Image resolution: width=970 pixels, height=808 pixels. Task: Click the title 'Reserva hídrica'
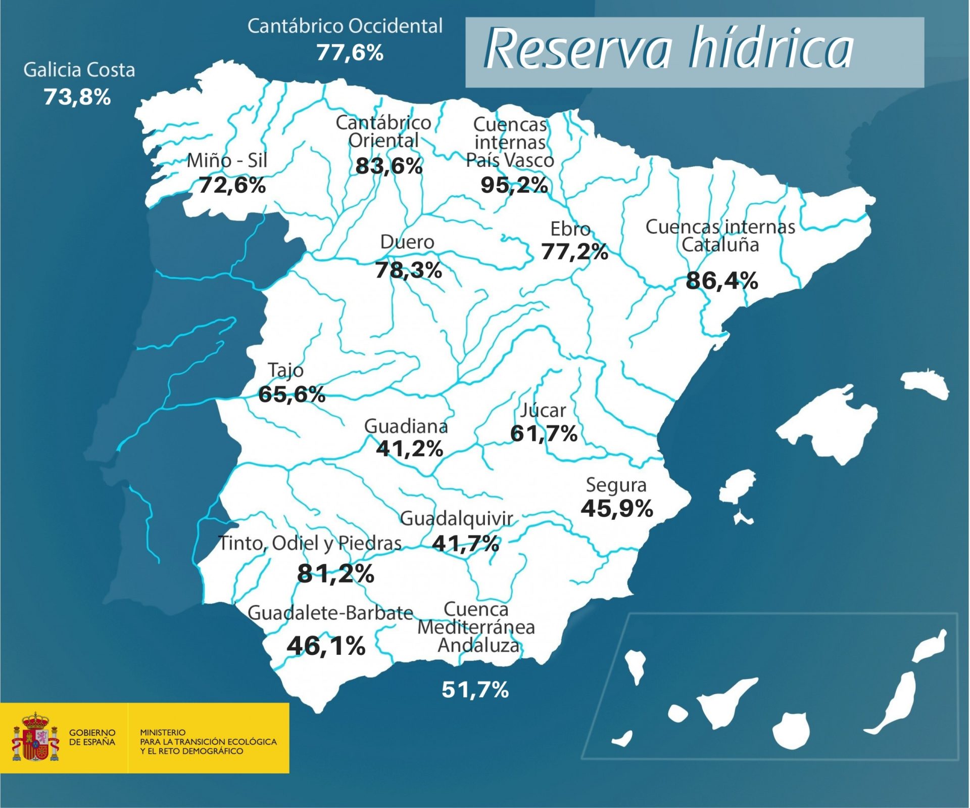click(x=668, y=49)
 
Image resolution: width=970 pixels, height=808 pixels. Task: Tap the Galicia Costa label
click(x=79, y=70)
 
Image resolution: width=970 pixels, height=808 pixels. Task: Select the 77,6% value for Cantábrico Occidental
click(x=350, y=53)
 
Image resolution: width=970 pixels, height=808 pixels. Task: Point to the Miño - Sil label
click(x=227, y=161)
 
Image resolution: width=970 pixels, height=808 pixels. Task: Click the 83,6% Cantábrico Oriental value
click(x=389, y=166)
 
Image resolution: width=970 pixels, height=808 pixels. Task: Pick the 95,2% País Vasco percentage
click(x=514, y=185)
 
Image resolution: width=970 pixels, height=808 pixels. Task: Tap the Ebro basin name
click(x=570, y=229)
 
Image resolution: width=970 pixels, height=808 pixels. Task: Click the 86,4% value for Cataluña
click(x=721, y=281)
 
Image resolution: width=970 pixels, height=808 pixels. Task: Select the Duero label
click(x=407, y=242)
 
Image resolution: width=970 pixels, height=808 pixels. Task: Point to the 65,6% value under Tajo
click(x=292, y=394)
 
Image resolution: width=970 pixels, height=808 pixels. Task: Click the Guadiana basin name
click(x=406, y=426)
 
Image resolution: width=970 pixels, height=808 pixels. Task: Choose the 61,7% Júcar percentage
click(x=544, y=434)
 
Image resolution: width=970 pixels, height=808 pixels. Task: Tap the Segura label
click(x=616, y=485)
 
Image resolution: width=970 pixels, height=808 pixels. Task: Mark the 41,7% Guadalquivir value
click(x=465, y=544)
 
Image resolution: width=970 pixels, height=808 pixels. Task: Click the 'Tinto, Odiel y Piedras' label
click(x=310, y=543)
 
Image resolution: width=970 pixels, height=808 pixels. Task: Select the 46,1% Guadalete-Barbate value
click(x=326, y=646)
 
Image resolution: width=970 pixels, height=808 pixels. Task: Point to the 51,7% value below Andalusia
click(x=475, y=690)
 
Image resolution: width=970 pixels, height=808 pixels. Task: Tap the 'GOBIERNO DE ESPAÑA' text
click(x=92, y=737)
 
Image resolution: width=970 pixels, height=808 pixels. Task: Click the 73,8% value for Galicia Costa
click(x=77, y=97)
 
